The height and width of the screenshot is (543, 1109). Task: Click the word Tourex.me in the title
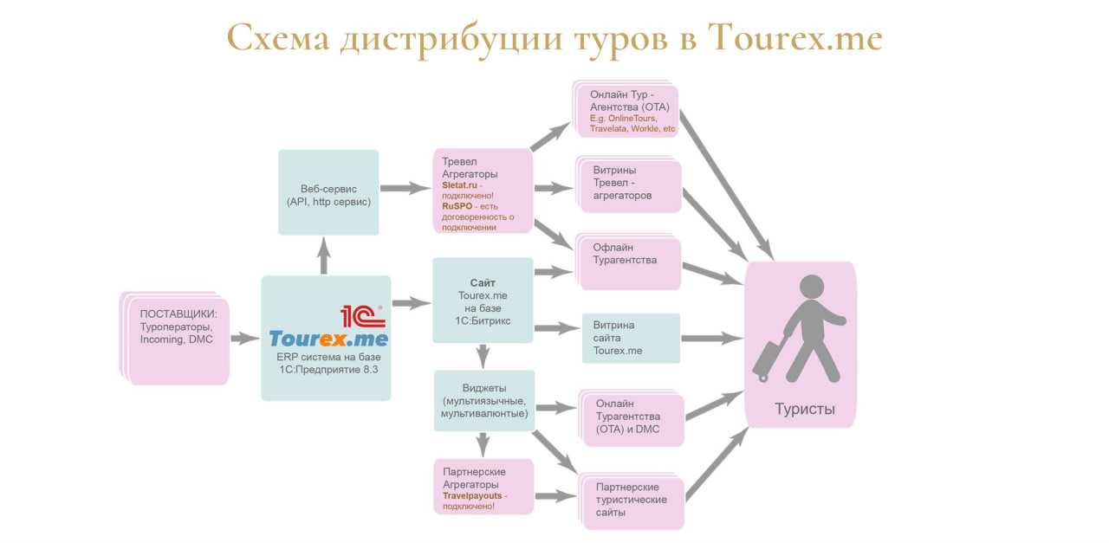coord(794,39)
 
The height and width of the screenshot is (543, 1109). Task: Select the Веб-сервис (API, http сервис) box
coord(328,192)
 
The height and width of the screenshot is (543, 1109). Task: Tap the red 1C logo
coord(363,317)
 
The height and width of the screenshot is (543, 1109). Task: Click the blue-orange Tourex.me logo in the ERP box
coord(328,339)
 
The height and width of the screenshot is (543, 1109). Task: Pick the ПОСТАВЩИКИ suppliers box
coord(175,338)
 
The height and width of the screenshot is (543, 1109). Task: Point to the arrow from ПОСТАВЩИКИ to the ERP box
coord(245,339)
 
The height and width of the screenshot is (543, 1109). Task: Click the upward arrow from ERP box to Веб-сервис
coord(324,255)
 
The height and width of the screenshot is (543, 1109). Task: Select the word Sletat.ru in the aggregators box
coord(459,185)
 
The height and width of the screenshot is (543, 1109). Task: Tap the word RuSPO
coord(457,206)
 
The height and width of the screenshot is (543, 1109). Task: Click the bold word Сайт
coord(483,282)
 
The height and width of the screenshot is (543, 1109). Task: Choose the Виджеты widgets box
coord(484,401)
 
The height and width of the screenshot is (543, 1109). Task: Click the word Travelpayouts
coord(472,495)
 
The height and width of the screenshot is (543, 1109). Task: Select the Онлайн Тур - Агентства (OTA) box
coord(626,110)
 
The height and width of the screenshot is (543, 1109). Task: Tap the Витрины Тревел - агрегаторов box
coord(629,184)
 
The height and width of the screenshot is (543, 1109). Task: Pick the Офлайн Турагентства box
coord(628,262)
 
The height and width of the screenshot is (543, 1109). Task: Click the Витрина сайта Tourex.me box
coord(631,338)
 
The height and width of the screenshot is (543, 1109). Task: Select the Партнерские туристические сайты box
coord(632,501)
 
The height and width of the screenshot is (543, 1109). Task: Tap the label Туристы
coord(805,409)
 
